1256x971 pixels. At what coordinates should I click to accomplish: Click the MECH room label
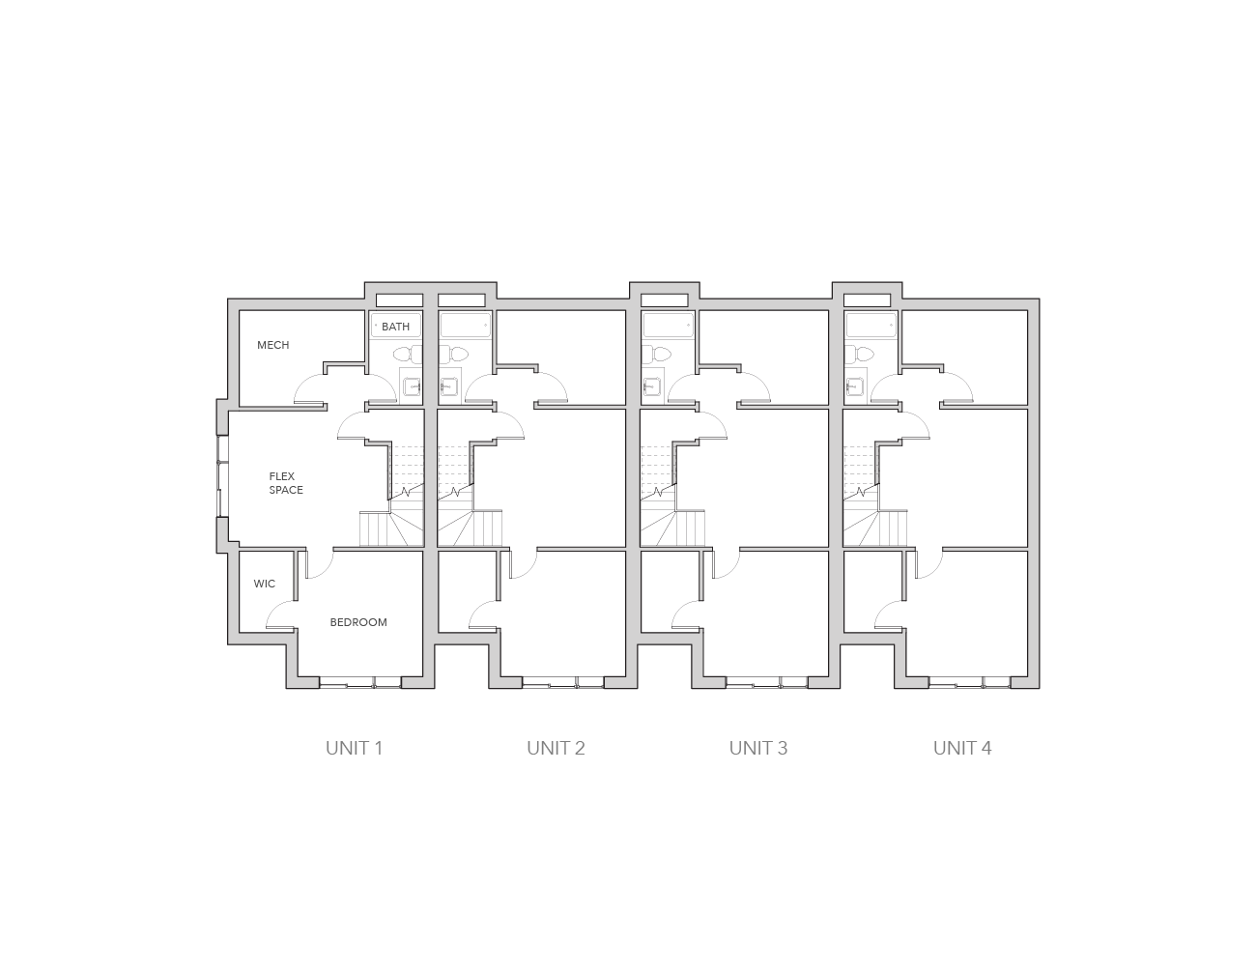coord(272,345)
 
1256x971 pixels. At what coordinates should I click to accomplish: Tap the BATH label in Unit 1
coord(395,327)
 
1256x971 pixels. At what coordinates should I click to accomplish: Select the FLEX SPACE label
coord(286,483)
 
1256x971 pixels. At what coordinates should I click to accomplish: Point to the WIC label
coord(264,584)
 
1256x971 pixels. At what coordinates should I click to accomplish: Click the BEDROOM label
coord(358,622)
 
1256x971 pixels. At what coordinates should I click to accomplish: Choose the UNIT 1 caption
coord(354,749)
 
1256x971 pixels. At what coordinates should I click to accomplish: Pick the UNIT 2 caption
coord(556,749)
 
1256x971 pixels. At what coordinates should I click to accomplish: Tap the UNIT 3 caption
coord(757,749)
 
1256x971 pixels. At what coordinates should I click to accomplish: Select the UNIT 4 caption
coord(961,749)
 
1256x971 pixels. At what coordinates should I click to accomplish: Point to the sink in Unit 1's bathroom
coord(413,386)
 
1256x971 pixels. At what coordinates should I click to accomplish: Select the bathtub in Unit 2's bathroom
coord(466,326)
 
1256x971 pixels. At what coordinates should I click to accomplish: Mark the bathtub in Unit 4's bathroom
coord(871,326)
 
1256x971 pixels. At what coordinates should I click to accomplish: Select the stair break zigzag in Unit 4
coord(861,493)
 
